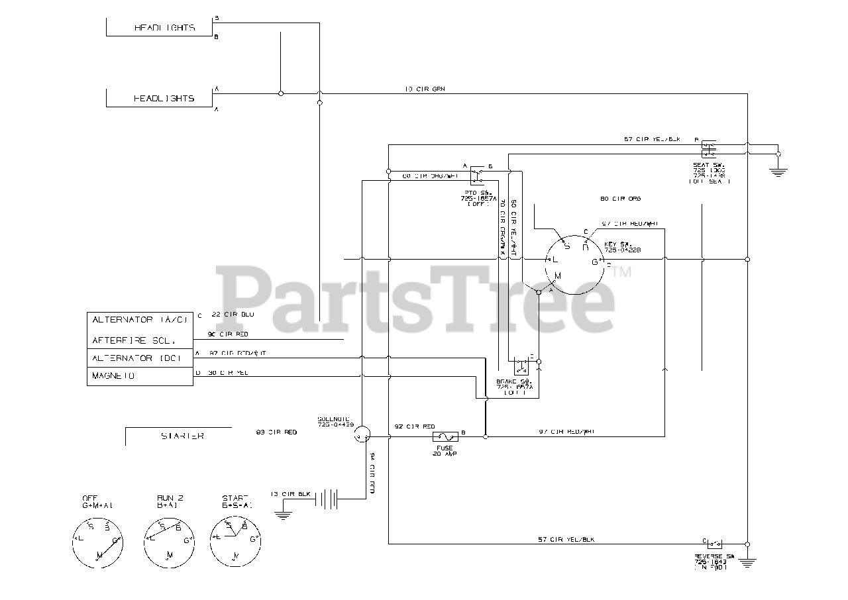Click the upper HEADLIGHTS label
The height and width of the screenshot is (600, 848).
tap(164, 28)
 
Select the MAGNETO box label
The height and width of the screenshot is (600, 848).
tap(113, 375)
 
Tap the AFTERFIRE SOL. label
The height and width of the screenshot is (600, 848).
tap(134, 340)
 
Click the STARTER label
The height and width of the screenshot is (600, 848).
tap(182, 436)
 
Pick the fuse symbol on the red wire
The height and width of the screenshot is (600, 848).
tap(443, 436)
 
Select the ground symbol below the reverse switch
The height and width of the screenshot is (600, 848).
tap(747, 562)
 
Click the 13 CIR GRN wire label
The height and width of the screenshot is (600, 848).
tap(424, 89)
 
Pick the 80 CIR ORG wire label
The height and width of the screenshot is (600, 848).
tap(612, 199)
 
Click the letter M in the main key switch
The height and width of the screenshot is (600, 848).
tap(557, 275)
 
